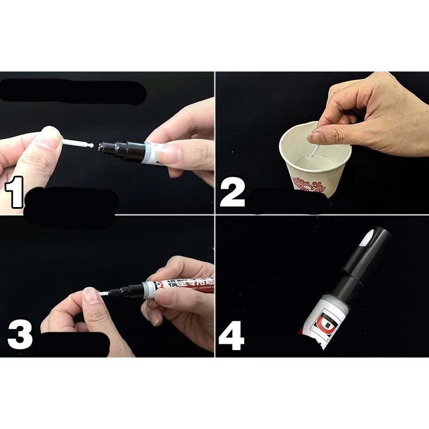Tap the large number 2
(232, 193)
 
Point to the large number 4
(232, 336)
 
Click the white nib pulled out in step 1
(77, 144)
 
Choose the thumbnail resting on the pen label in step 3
(166, 296)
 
